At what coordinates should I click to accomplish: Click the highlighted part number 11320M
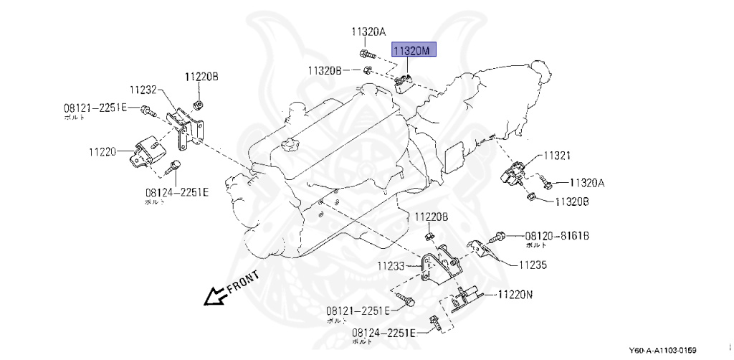point(413,51)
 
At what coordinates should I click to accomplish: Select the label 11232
point(143,90)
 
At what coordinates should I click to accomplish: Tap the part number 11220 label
point(103,151)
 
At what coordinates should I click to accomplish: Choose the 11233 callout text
point(392,266)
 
